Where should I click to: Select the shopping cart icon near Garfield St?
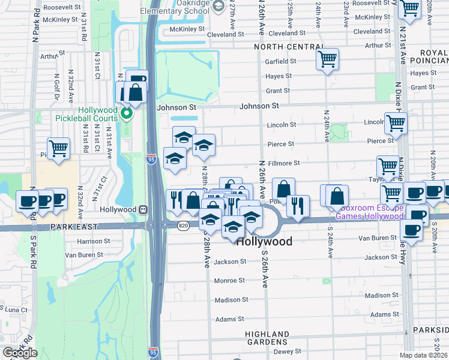coord(327,59)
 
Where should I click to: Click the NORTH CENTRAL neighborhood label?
coord(289,47)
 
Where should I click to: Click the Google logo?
coord(20,353)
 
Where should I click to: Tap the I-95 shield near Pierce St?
coord(151,158)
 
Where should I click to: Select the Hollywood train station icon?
coord(143,209)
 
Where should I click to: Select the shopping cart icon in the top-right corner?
coord(409,8)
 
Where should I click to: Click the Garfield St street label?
coord(282,61)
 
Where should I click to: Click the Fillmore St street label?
coord(284,163)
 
